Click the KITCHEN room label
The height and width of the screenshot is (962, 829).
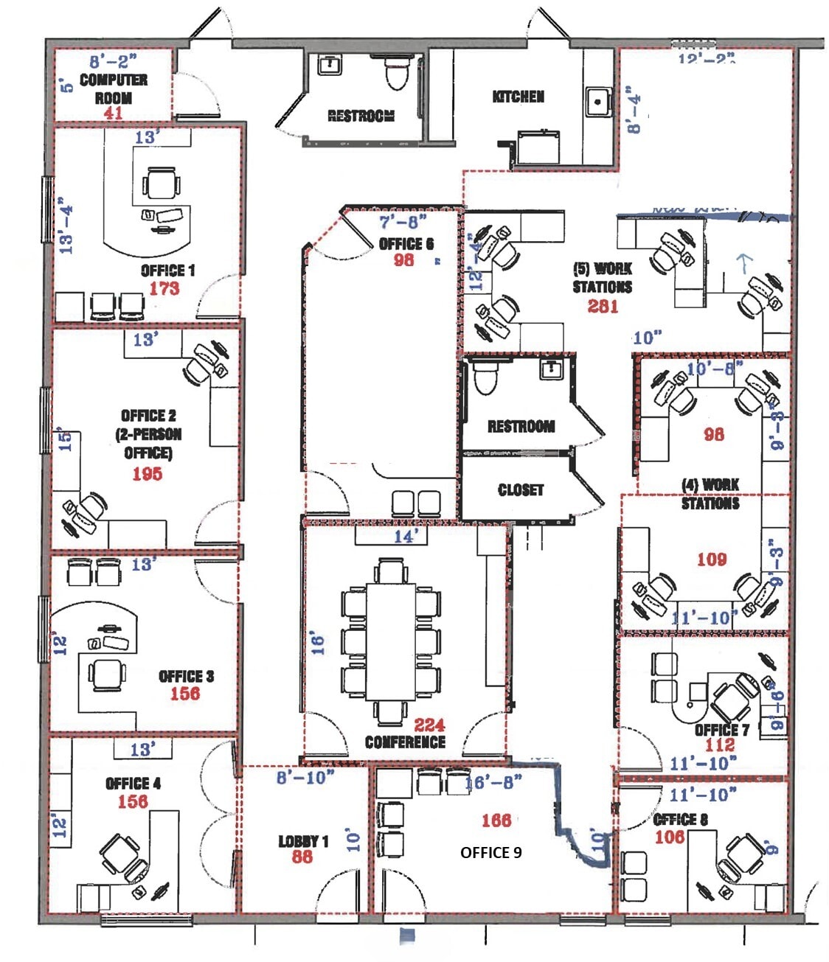coord(518,97)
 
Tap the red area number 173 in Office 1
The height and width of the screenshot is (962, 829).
coord(164,288)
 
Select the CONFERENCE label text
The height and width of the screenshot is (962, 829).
coord(405,742)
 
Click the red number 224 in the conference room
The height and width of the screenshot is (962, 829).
coord(429,725)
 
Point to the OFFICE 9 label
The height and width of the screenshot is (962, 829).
coord(490,852)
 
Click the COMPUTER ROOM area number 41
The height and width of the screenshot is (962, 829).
coord(113,113)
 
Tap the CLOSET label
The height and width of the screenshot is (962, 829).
coord(521,490)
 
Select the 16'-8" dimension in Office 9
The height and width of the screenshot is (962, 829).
coord(494,782)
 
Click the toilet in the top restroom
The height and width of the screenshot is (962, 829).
coord(397,73)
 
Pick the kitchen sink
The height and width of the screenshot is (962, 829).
coord(598,101)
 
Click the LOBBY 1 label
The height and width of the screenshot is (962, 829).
coord(303,841)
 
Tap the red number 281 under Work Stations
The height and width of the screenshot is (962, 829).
coord(603,305)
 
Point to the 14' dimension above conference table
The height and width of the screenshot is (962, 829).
coord(405,537)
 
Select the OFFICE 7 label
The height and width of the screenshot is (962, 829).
coord(721,730)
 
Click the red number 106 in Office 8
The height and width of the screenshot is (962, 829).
coord(669,837)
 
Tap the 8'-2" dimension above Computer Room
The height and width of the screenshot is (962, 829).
coord(113,61)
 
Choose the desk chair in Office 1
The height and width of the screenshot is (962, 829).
coord(161,184)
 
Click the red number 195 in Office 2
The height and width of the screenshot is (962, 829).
coord(147,474)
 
